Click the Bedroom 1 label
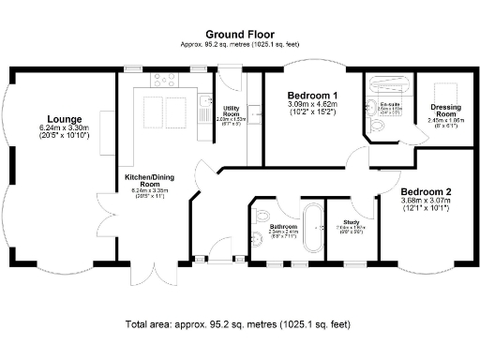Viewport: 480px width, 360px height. click(312, 96)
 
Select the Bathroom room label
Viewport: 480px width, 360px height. click(282, 226)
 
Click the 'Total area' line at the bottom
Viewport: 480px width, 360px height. click(238, 324)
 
